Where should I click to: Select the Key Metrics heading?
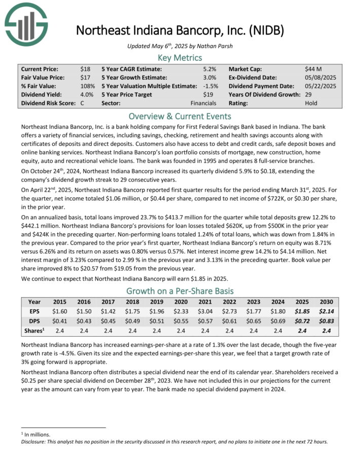point(179,57)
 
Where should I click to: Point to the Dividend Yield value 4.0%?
point(87,94)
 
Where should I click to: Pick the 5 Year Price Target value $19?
point(210,94)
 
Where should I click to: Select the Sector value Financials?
point(204,103)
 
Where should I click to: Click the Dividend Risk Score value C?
point(82,103)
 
